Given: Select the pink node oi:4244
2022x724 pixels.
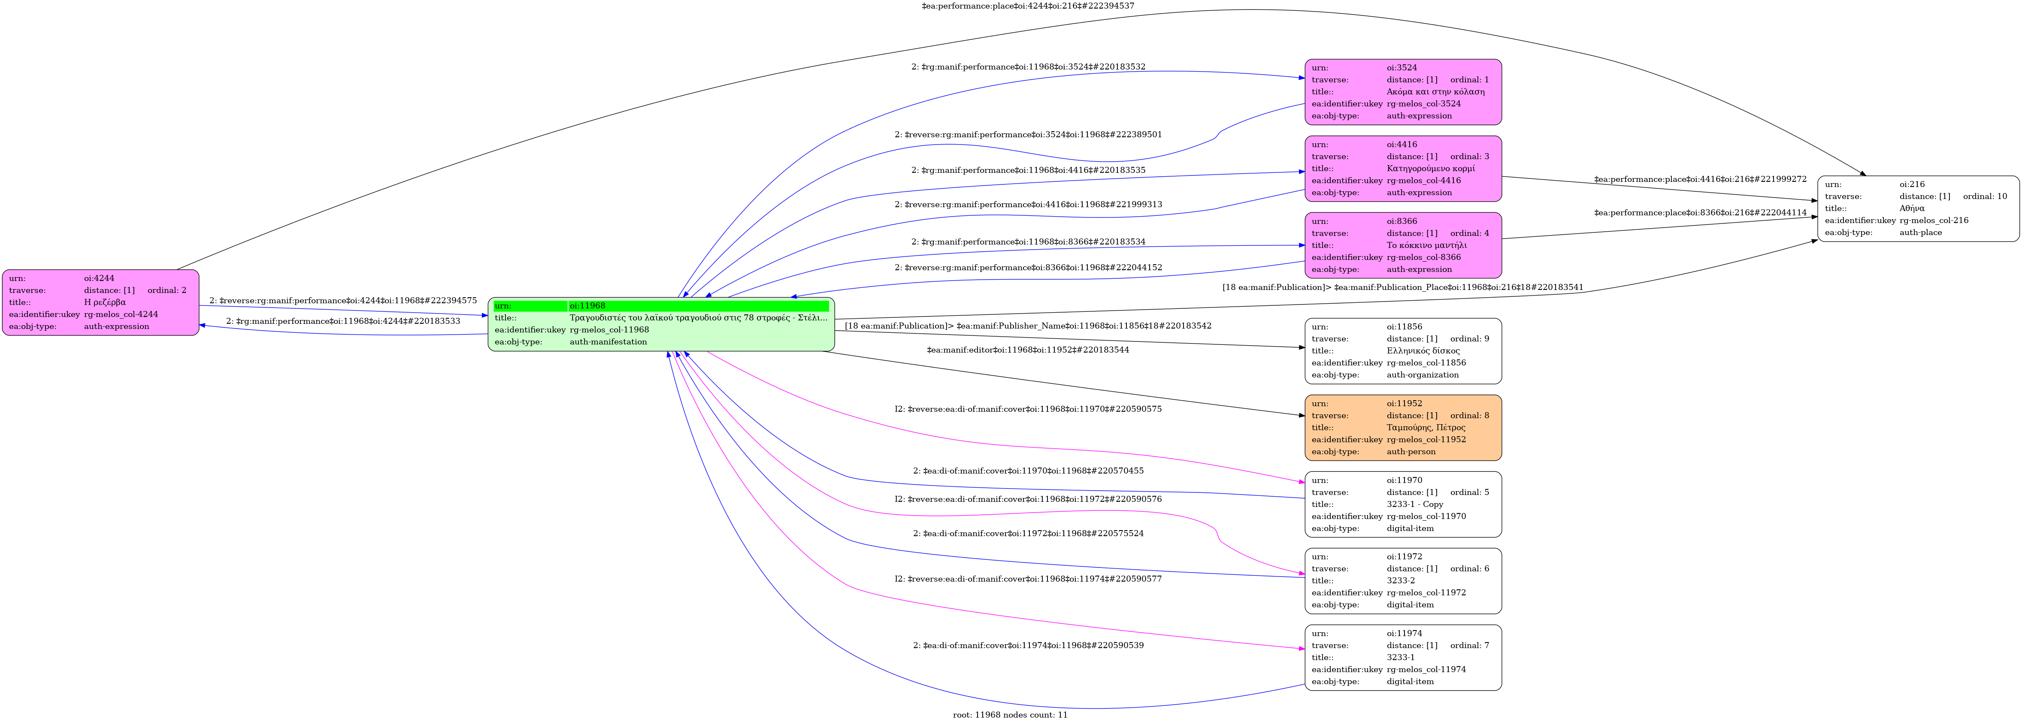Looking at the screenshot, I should coord(100,303).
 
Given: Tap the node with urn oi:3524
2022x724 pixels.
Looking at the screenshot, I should coord(1403,92).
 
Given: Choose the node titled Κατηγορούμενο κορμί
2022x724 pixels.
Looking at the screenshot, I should coord(1403,169).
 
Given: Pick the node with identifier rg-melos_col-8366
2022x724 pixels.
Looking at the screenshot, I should coord(1403,245).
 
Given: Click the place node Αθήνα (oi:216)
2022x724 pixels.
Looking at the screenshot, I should coord(1918,208).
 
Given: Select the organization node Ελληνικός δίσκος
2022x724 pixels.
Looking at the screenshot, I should coord(1403,350).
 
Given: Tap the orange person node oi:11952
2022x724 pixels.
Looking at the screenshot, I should coord(1403,428).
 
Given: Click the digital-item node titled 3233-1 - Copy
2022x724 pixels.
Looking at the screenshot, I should coord(1403,504).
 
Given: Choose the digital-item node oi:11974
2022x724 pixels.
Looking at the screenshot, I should coord(1403,658).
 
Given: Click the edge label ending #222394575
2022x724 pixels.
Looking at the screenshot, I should coord(343,300).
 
